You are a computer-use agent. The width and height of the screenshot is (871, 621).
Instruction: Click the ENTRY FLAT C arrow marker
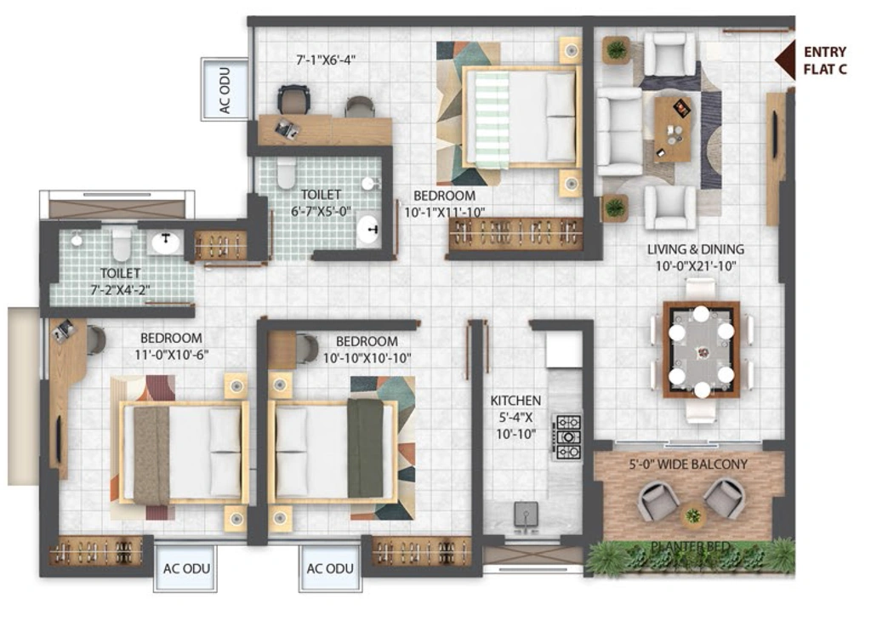click(785, 60)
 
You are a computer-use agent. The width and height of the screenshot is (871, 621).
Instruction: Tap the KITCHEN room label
click(515, 401)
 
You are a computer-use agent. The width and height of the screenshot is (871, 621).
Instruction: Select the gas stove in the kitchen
click(567, 436)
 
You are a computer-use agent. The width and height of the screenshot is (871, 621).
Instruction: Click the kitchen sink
click(526, 514)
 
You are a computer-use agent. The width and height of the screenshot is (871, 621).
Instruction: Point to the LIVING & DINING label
click(696, 249)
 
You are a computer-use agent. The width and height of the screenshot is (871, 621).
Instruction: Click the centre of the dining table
click(702, 350)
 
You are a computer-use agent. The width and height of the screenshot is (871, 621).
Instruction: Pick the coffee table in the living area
click(673, 128)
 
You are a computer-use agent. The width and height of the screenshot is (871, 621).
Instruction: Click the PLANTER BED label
click(690, 547)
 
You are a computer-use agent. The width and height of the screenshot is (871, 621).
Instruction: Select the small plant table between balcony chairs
click(693, 516)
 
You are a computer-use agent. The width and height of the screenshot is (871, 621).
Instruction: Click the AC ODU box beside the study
click(225, 89)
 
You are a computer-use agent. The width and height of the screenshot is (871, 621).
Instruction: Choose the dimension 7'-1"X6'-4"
click(326, 60)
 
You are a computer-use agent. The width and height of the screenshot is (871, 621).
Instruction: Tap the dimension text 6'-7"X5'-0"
click(321, 212)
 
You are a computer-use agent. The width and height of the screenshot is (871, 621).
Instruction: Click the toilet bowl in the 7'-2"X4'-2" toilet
click(122, 244)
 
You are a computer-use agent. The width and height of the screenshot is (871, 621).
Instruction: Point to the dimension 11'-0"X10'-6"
click(172, 355)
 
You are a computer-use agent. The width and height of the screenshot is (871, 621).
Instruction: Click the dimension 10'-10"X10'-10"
click(367, 358)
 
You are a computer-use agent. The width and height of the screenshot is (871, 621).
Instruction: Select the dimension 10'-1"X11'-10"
click(444, 212)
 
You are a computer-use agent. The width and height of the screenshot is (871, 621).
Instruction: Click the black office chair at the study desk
click(293, 100)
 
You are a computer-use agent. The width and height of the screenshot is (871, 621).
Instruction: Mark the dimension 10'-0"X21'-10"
click(696, 266)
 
